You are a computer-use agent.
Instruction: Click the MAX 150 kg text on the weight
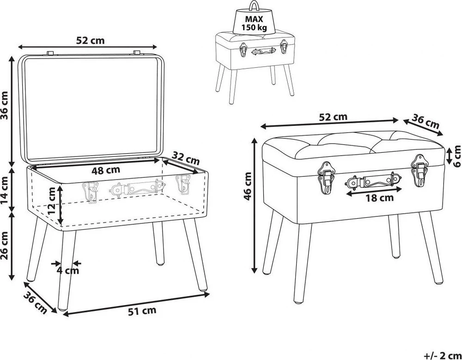[254, 24]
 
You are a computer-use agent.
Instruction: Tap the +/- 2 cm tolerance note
[443, 355]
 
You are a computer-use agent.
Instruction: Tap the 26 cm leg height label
[5, 246]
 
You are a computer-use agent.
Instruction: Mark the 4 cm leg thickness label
[68, 270]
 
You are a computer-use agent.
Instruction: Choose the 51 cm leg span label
[142, 311]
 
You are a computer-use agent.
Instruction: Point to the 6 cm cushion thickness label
[457, 156]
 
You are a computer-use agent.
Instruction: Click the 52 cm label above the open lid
[90, 40]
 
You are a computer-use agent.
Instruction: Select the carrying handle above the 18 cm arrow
[373, 181]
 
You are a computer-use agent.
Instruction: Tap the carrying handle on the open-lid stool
[137, 187]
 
